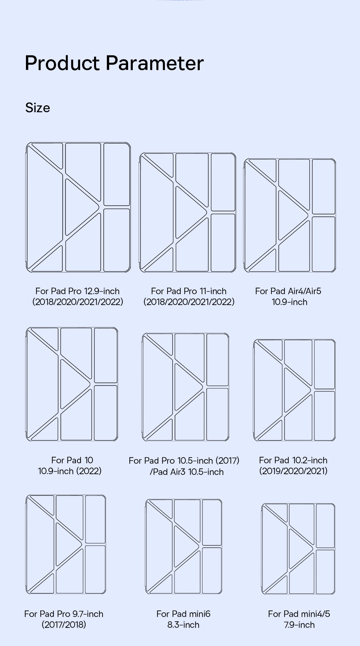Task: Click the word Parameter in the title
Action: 154,63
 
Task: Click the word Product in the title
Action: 62,63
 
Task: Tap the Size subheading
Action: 38,108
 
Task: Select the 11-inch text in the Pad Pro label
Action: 213,291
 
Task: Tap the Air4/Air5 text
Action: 304,291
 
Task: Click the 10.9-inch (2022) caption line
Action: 70,471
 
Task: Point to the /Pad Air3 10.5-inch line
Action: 187,472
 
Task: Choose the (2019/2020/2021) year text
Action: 293,471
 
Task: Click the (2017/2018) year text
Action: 64,624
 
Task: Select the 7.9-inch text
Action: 299,625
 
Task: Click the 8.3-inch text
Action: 183,625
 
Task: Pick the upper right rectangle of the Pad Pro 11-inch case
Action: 223,182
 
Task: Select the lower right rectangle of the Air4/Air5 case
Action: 323,244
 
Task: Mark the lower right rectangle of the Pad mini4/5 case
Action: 325,571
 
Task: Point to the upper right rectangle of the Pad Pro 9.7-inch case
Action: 95,519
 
